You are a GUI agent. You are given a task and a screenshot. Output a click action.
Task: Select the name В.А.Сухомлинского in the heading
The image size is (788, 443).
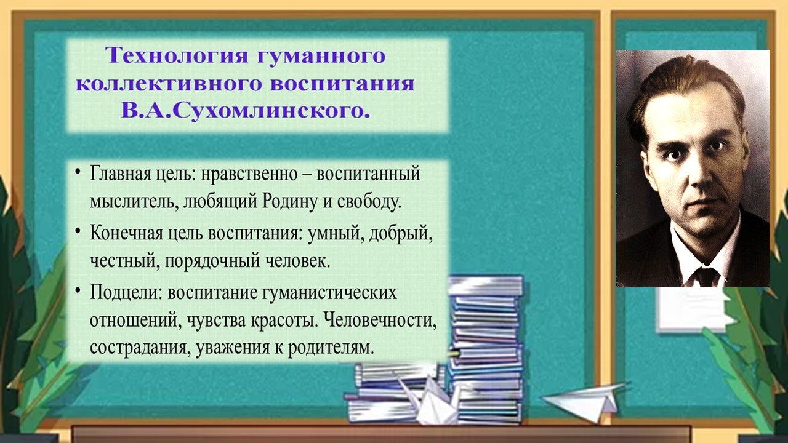click(x=246, y=111)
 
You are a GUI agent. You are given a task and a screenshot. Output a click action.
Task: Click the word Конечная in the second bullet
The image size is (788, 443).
click(x=126, y=233)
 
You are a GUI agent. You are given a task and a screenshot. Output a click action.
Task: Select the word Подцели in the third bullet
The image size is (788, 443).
click(x=125, y=293)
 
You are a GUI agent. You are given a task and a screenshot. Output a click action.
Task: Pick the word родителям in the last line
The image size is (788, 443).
click(x=331, y=348)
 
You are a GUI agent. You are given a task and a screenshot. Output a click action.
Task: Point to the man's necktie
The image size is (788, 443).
click(x=706, y=277)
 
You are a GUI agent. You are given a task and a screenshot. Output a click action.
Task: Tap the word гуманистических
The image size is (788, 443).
click(x=329, y=293)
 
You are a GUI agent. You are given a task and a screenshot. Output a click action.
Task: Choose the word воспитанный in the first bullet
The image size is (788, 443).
click(x=368, y=174)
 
